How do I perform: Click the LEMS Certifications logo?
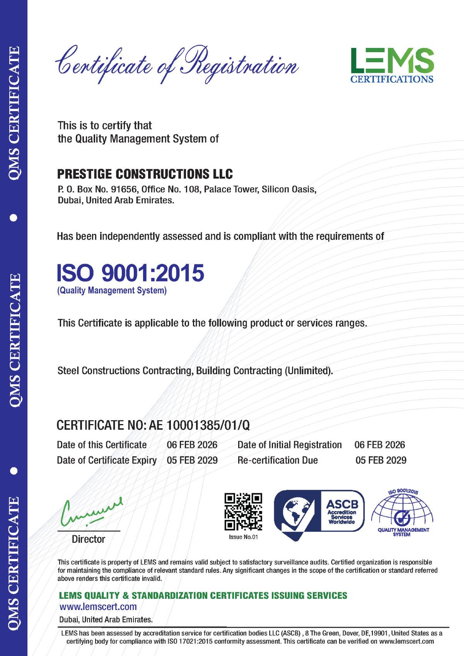tap(392, 65)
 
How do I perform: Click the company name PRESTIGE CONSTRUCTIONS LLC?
tap(145, 174)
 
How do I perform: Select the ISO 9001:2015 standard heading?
tap(130, 273)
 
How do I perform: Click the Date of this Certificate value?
tap(192, 445)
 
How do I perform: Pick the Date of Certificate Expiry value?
tap(192, 460)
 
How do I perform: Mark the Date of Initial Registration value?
tap(380, 445)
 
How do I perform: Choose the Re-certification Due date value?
tap(381, 460)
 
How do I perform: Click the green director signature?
tap(91, 511)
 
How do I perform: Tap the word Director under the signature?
tap(89, 539)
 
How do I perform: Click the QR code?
tap(244, 511)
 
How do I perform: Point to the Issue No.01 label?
tap(244, 537)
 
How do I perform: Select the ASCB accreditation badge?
tap(319, 513)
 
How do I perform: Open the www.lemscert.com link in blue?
tap(98, 607)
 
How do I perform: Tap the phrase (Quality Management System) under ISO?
tap(112, 290)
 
